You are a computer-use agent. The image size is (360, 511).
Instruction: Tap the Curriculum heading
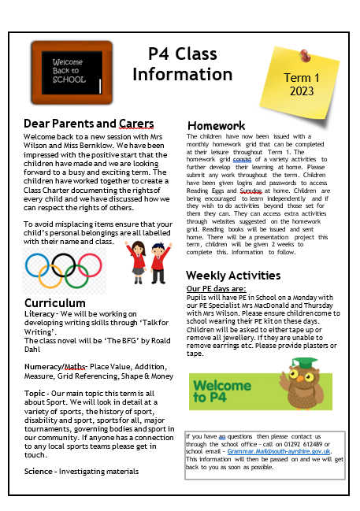point(54,303)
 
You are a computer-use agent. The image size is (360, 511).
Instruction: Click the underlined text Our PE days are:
point(216,289)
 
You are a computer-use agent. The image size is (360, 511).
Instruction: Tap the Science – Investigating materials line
point(81,471)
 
